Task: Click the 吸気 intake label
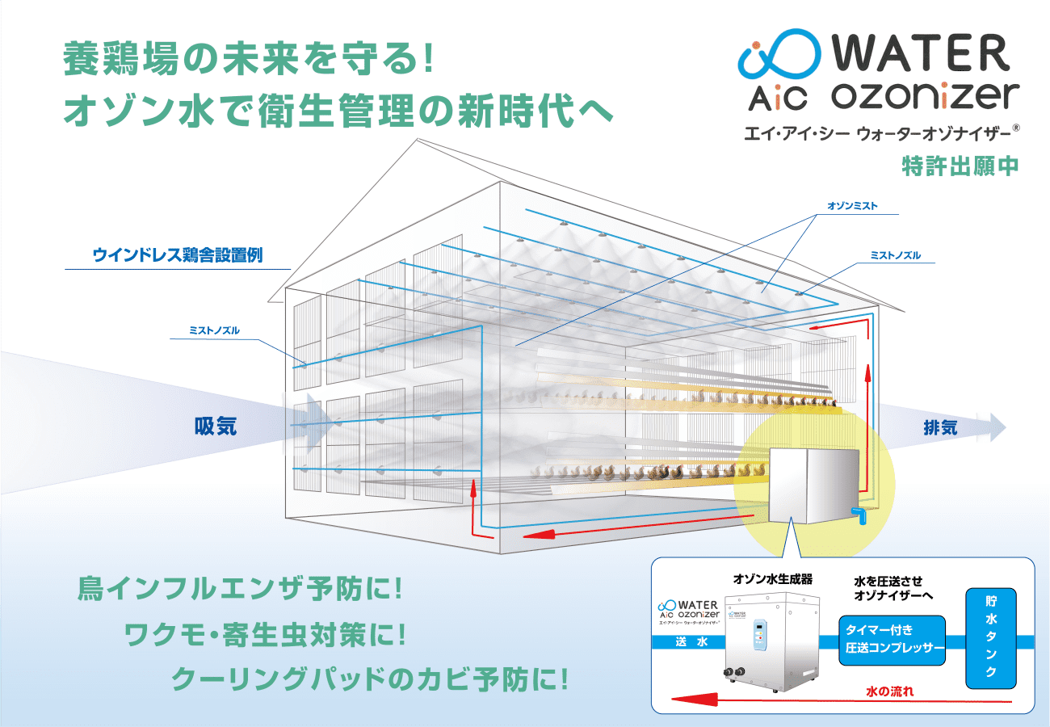point(215,427)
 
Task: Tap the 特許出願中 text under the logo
point(960,166)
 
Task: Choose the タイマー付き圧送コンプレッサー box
point(894,639)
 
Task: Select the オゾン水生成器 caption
point(772,579)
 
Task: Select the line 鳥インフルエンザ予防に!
point(239,588)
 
